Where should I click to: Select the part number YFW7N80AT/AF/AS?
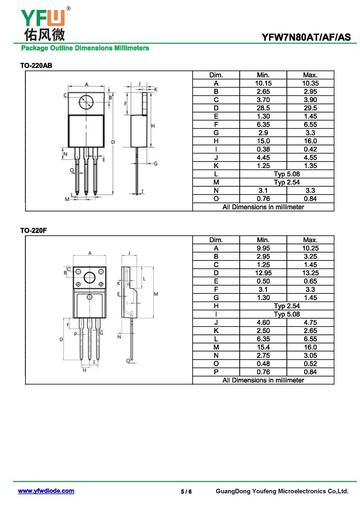click(x=306, y=37)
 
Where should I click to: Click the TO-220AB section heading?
click(x=36, y=66)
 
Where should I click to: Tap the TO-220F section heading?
click(x=33, y=230)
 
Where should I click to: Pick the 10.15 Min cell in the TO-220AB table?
click(x=263, y=83)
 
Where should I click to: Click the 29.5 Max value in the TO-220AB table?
click(x=310, y=108)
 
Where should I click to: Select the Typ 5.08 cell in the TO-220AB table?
click(x=287, y=174)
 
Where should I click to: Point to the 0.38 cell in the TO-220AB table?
click(x=263, y=149)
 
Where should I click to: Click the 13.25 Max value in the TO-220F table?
click(x=310, y=273)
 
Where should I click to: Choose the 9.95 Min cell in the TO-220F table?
click(x=263, y=248)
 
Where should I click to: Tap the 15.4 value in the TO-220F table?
click(x=263, y=347)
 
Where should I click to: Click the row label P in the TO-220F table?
click(x=216, y=372)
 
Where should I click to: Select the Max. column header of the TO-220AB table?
click(x=310, y=75)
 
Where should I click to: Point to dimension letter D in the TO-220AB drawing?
click(x=113, y=142)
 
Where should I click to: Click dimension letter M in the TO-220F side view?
click(x=156, y=294)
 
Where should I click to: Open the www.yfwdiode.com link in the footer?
click(x=46, y=491)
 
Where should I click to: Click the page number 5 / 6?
click(x=186, y=491)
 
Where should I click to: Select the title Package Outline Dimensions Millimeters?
click(x=85, y=48)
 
